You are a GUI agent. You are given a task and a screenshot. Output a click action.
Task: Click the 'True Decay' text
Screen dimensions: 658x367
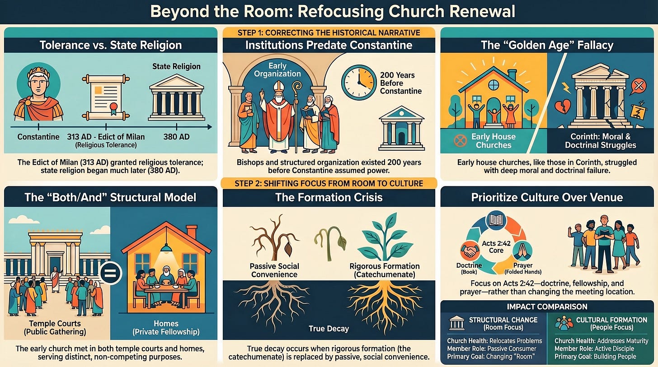pos(329,328)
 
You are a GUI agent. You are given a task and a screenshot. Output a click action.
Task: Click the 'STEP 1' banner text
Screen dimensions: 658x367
pos(329,32)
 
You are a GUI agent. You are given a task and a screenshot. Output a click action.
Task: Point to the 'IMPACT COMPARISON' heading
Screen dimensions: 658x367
pos(546,307)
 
